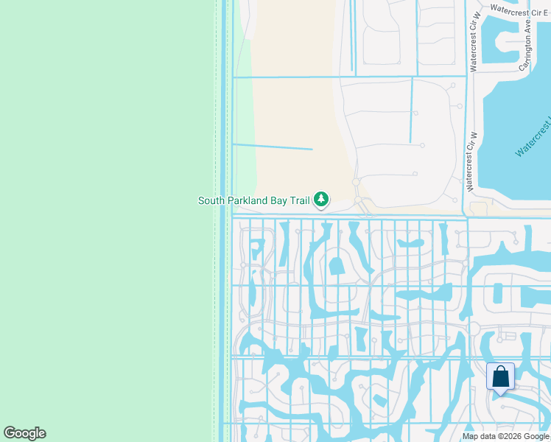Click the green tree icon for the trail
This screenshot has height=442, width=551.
(x=321, y=199)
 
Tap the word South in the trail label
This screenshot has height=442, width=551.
(x=211, y=200)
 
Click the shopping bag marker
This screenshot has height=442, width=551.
(x=500, y=377)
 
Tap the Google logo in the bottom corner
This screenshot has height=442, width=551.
(x=24, y=433)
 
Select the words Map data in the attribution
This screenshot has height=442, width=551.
(x=478, y=437)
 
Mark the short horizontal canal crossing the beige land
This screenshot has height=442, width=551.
(x=273, y=147)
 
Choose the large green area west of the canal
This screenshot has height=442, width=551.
(x=103, y=221)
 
